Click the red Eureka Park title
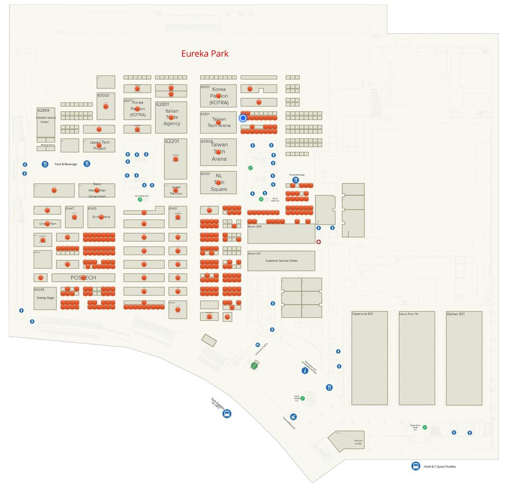[x=205, y=54]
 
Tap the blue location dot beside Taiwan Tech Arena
[x=243, y=118]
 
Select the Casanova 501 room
[x=369, y=358]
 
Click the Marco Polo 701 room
[x=417, y=358]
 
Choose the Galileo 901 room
[x=464, y=358]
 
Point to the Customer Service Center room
[x=281, y=261]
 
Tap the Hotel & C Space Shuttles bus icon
[x=416, y=466]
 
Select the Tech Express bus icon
[x=227, y=413]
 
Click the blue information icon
[x=305, y=370]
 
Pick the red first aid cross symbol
[x=318, y=242]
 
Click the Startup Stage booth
[x=45, y=298]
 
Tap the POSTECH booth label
[x=83, y=278]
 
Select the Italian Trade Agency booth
[x=171, y=117]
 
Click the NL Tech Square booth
[x=218, y=183]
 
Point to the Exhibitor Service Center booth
[x=46, y=122]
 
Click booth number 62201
[x=175, y=159]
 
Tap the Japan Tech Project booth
[x=99, y=145]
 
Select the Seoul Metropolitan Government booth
[x=97, y=190]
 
